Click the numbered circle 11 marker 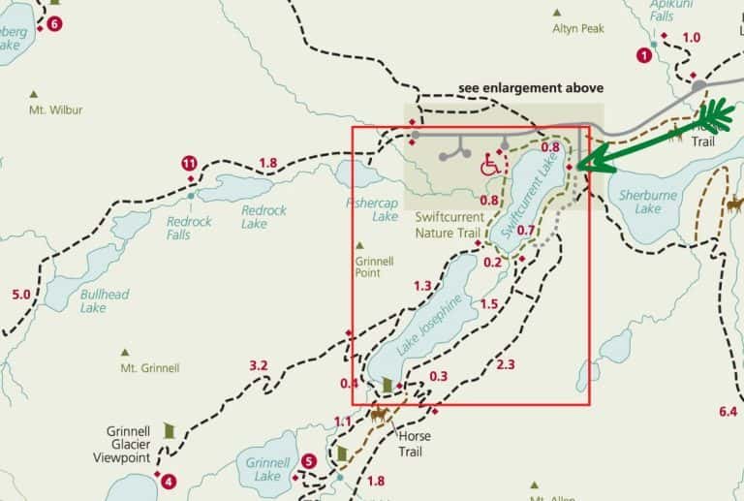[x=190, y=163]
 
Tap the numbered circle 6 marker [x=53, y=23]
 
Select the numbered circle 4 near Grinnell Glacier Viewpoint [x=170, y=480]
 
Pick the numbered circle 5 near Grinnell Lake [x=309, y=461]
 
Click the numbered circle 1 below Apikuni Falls [x=644, y=55]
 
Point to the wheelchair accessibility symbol [x=491, y=166]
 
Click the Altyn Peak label [x=577, y=29]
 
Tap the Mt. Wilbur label [x=55, y=110]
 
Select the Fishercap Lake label [x=372, y=210]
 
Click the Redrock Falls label [x=188, y=228]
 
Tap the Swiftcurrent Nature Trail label [x=448, y=226]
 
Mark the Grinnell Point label [x=374, y=267]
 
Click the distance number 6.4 [x=728, y=411]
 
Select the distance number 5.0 [x=21, y=294]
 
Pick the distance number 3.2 [x=258, y=365]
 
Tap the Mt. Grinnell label [x=149, y=368]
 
